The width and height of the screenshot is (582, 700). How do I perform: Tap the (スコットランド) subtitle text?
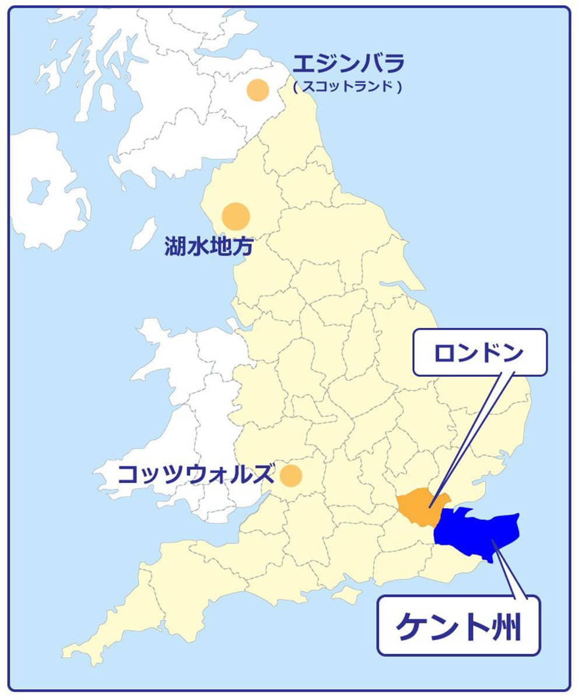348,87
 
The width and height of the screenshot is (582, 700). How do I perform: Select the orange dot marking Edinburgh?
257,90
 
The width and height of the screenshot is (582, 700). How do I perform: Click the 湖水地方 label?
209,247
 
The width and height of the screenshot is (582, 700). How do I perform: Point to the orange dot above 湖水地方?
236,216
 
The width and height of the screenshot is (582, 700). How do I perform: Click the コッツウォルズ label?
195,474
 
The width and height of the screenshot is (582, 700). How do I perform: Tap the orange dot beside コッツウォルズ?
290,475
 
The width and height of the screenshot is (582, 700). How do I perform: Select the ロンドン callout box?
480,352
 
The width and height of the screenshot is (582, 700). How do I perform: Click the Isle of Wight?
349,595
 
